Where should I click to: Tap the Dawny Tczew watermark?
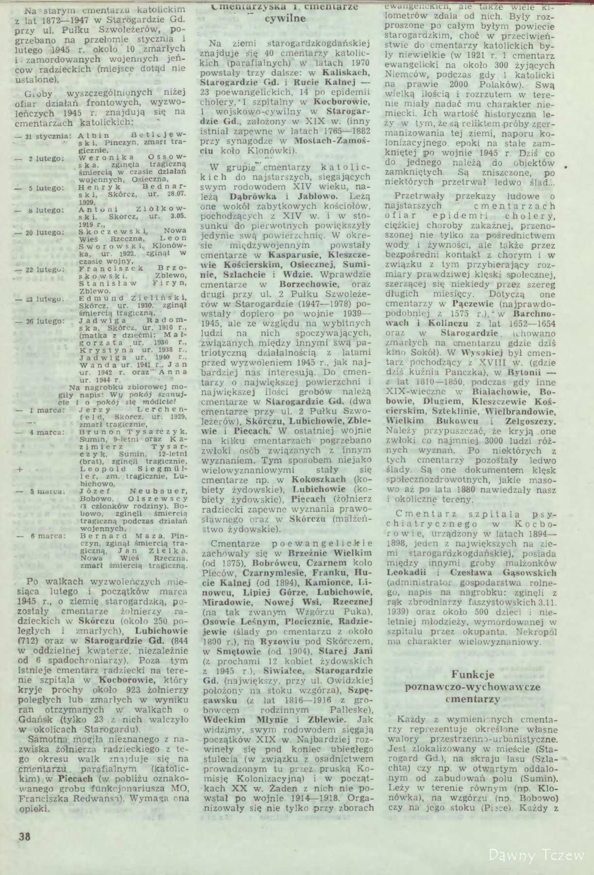537,854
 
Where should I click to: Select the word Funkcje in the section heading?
473,674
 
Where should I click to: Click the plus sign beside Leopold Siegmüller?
19,470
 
